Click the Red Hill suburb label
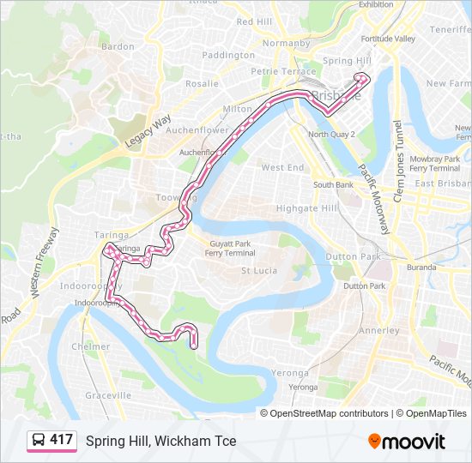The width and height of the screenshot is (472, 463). (x=254, y=21)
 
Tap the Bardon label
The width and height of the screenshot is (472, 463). (x=118, y=46)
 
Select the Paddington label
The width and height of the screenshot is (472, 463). (x=228, y=55)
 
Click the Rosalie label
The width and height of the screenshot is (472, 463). (x=202, y=84)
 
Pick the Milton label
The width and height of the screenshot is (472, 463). (x=237, y=109)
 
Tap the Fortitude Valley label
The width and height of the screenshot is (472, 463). (x=388, y=39)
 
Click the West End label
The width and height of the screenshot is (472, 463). (x=283, y=167)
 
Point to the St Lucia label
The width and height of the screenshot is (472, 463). (x=257, y=271)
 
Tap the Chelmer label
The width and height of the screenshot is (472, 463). (x=91, y=346)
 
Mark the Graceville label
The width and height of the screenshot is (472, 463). (x=108, y=395)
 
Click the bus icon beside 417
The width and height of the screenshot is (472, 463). (x=38, y=441)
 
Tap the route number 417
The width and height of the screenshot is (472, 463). (x=61, y=440)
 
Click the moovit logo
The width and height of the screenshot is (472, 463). (x=407, y=442)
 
